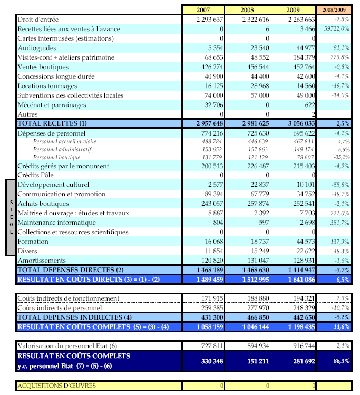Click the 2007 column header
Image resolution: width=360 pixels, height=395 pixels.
[203, 9]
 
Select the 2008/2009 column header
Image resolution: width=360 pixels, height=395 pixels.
[334, 9]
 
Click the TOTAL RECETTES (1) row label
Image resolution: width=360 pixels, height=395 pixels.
[52, 123]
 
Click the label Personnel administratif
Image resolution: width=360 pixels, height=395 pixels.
[62, 149]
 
